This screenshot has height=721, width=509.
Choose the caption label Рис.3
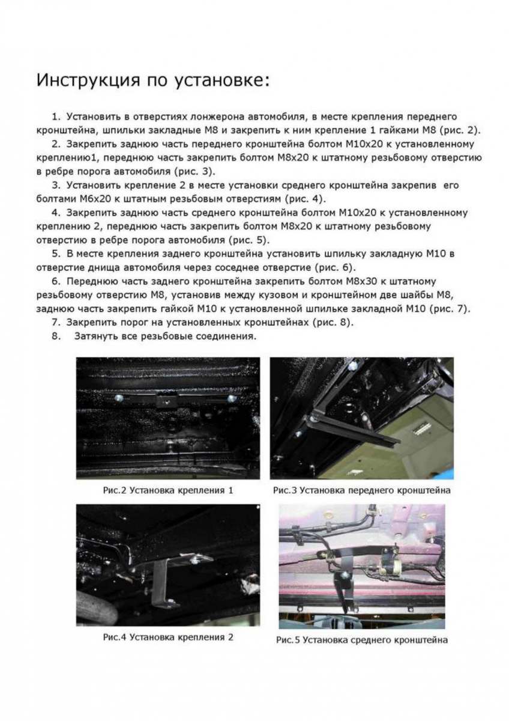tap(285, 490)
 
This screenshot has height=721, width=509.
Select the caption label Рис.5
tap(288, 640)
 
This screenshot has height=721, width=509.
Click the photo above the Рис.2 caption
tap(167, 418)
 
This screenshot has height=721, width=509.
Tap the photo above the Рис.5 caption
tap(362, 566)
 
